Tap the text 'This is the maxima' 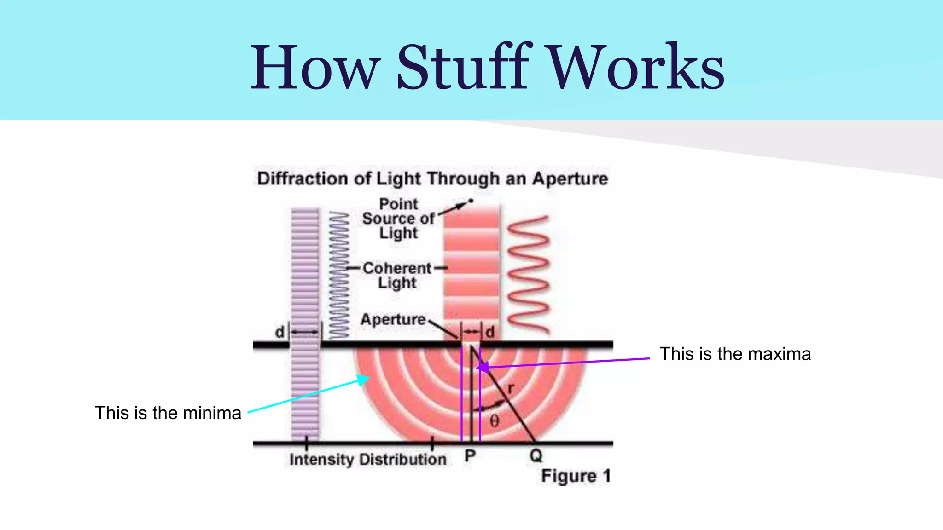735,354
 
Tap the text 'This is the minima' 168,413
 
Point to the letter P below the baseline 470,456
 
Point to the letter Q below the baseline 536,456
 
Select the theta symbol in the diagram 494,421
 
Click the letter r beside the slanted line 511,389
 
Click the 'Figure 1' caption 576,476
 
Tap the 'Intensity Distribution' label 368,459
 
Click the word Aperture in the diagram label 393,319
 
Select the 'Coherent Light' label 397,275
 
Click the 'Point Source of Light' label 398,219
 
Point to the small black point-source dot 471,201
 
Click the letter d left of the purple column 279,332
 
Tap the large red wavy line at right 529,274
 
